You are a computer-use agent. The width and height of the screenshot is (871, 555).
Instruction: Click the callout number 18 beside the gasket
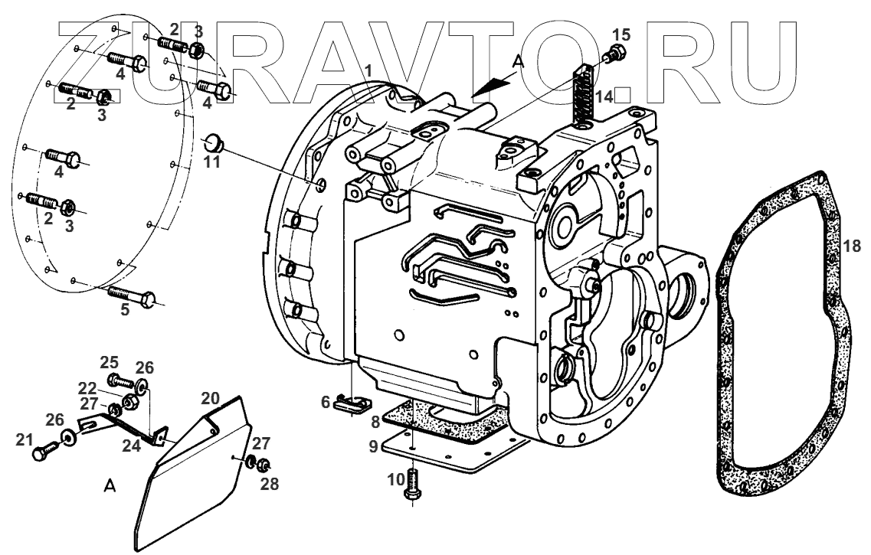tap(853, 246)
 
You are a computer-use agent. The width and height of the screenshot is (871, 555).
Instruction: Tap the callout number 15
tap(621, 34)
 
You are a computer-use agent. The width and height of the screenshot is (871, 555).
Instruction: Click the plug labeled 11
tap(211, 142)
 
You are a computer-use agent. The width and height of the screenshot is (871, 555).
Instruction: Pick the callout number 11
tap(211, 162)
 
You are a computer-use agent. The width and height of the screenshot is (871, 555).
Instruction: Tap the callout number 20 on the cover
tap(211, 399)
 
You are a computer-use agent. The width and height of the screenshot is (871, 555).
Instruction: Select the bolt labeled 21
tap(44, 451)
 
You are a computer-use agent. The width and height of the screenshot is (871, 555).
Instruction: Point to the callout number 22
tap(90, 389)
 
